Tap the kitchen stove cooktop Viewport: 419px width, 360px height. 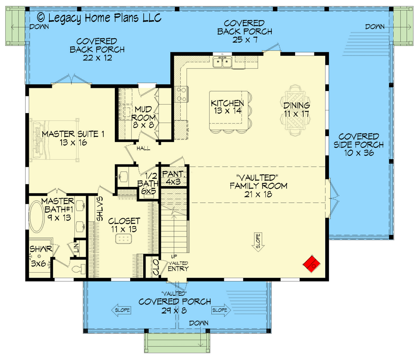click(181, 94)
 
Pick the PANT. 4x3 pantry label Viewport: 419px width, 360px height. click(172, 178)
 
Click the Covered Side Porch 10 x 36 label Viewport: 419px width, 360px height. click(359, 145)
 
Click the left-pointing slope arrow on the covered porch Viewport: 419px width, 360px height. click(121, 310)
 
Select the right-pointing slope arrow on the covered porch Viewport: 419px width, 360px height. click(220, 310)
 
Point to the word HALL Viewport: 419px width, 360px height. click(144, 148)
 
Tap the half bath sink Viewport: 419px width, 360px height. click(124, 176)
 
